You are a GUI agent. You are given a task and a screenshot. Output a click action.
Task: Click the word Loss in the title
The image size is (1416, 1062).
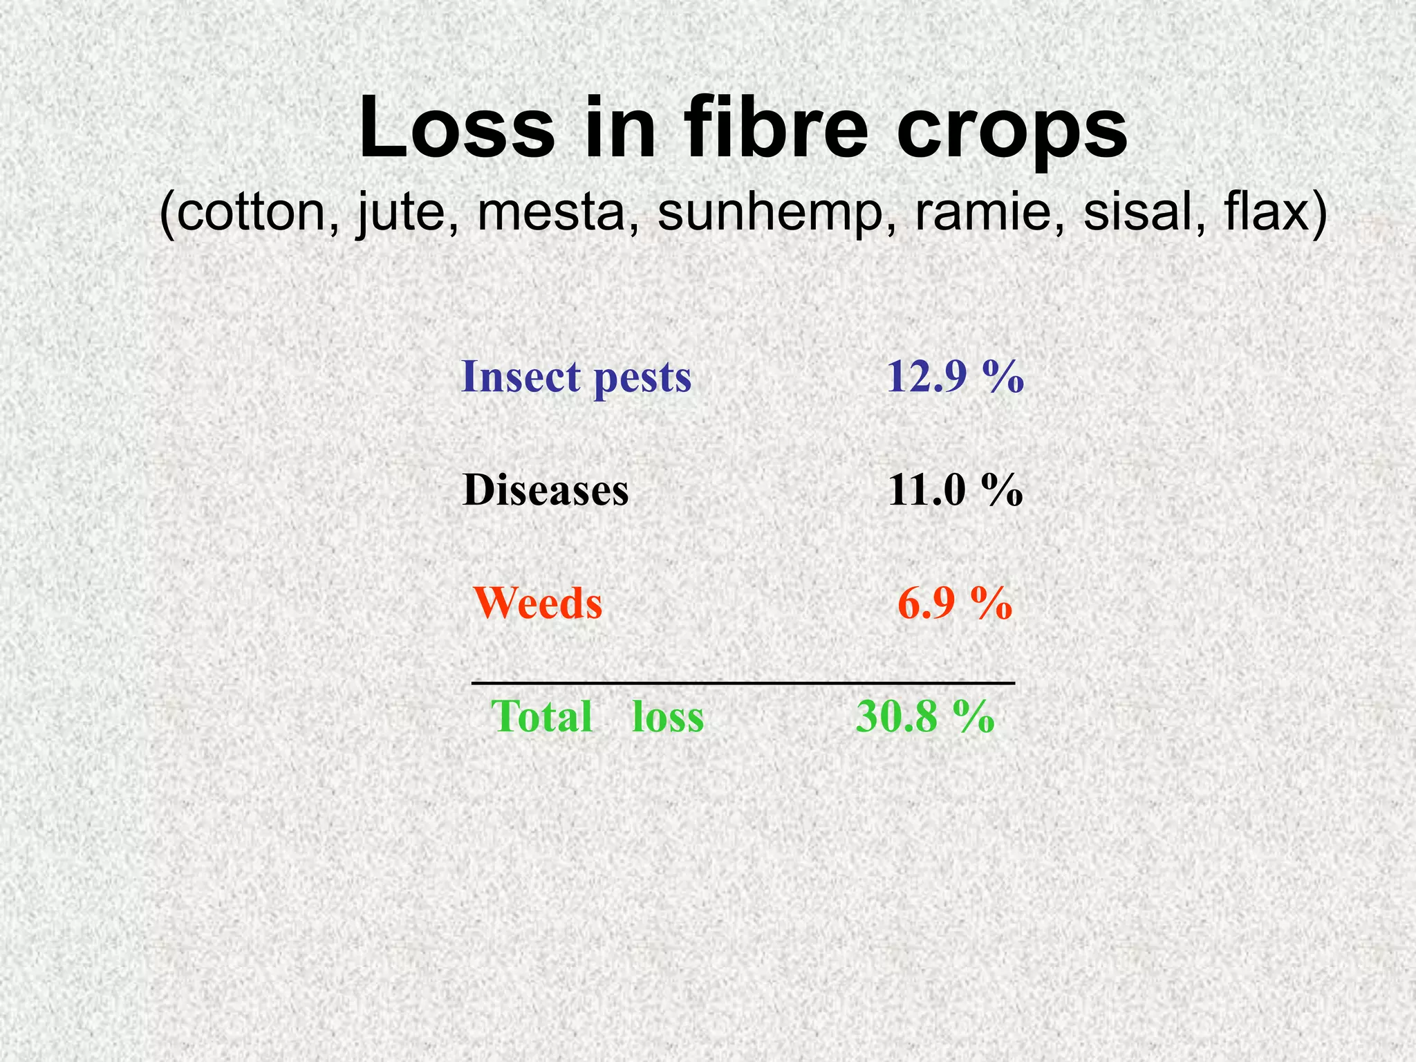point(457,129)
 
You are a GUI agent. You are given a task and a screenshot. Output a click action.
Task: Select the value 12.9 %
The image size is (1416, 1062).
point(955,377)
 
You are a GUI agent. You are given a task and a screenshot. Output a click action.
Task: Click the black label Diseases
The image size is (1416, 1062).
point(546,490)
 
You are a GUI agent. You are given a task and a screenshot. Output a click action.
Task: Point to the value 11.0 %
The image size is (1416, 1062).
point(955,490)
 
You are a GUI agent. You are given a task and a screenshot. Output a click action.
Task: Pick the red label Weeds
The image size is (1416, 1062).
point(538,603)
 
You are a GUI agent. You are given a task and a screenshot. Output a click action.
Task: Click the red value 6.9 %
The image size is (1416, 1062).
point(955,603)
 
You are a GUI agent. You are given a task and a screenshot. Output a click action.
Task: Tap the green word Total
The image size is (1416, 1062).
point(542,716)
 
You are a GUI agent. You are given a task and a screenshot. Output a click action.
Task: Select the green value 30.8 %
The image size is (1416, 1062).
point(925,716)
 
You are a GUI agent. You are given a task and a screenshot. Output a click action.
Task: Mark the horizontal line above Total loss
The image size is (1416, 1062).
point(743,683)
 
